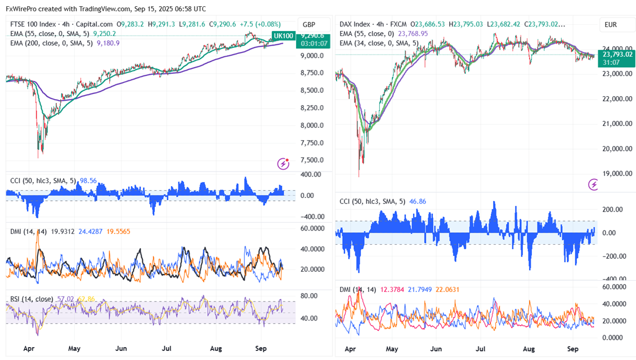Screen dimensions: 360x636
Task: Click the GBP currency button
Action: coord(308,25)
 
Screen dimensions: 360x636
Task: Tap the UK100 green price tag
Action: coord(283,36)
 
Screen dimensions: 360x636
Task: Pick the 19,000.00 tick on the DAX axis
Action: coord(617,174)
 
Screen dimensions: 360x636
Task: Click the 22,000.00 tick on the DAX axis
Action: coord(617,99)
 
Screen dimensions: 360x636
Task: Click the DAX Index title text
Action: coord(355,25)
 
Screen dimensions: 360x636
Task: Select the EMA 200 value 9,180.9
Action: coord(108,43)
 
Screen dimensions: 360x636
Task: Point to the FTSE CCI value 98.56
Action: coord(88,181)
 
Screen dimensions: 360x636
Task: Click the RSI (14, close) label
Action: coord(32,299)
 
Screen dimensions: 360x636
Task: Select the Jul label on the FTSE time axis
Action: coord(167,349)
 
